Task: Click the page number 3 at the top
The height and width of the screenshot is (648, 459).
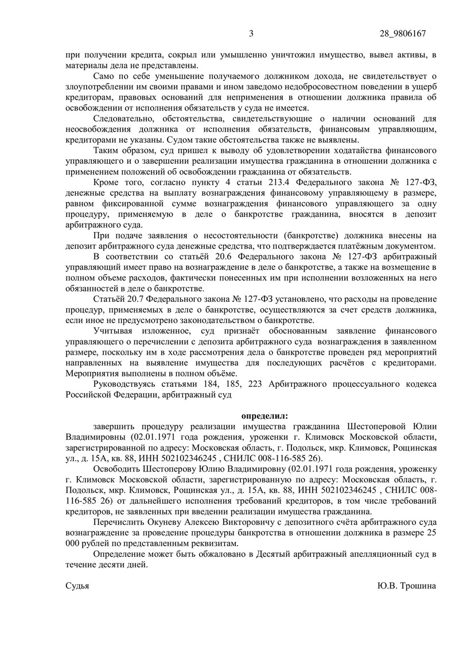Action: pos(251,33)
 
